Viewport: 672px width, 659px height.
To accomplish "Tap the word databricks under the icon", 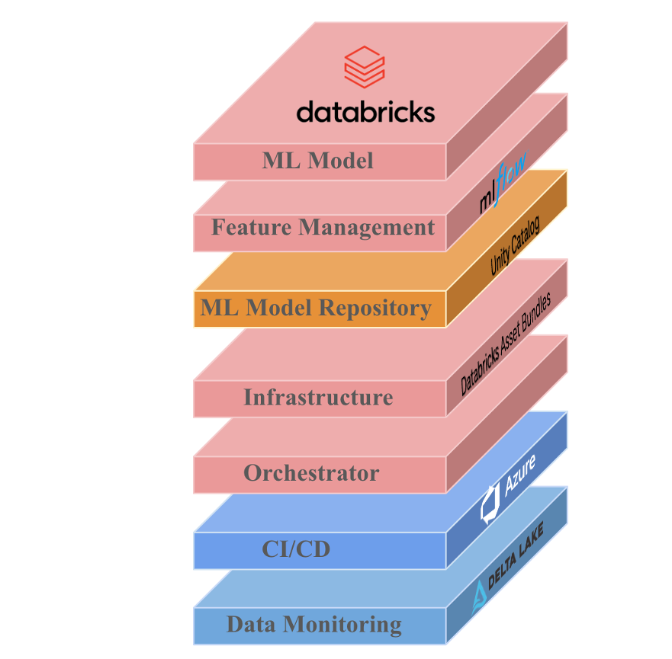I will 365,112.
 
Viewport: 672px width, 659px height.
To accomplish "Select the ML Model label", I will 318,161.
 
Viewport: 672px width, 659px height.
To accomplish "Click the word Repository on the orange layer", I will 375,308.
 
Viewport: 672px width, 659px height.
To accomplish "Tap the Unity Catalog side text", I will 515,245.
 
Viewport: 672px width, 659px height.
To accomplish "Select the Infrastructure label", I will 318,397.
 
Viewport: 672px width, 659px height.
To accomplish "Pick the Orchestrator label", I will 311,473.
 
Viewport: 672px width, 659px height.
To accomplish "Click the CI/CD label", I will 296,549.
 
